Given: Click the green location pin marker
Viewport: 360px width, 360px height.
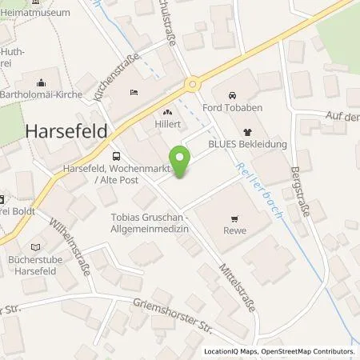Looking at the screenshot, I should coord(182,162).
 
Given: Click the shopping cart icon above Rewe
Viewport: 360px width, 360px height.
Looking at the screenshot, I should coord(234,217).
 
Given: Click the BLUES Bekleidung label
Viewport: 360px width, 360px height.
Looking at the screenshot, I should coord(248,146).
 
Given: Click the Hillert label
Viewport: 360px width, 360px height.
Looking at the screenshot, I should coord(169,125).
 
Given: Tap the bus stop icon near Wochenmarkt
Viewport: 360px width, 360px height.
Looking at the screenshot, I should coord(117,157).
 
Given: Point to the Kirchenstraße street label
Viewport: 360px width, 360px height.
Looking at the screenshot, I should coord(117,78).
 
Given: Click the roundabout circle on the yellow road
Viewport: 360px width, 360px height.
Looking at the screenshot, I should coord(192,84).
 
